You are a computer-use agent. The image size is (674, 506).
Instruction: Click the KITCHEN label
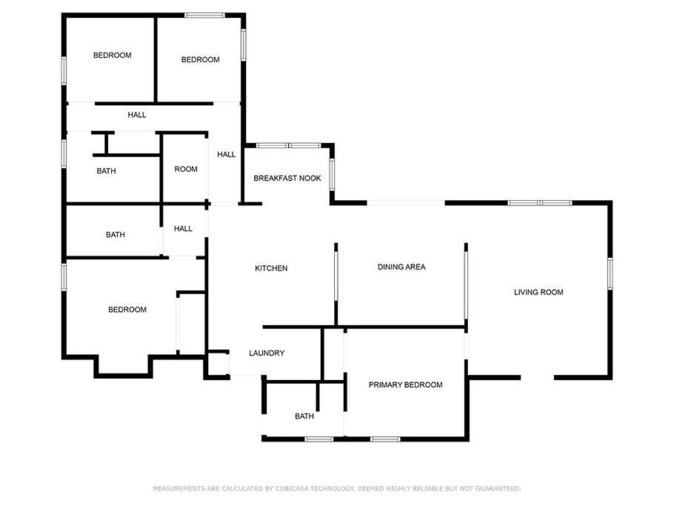click(x=271, y=268)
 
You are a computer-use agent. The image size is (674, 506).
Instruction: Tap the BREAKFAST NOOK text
click(x=287, y=179)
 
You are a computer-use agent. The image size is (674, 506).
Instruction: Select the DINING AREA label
click(x=401, y=267)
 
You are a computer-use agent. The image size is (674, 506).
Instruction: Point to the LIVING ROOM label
click(x=538, y=293)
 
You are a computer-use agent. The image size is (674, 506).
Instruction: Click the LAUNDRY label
click(x=267, y=353)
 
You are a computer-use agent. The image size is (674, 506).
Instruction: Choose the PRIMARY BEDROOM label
click(x=405, y=385)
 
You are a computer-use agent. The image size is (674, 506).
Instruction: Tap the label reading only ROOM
click(x=186, y=170)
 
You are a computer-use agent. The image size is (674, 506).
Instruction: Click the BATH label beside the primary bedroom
click(x=304, y=416)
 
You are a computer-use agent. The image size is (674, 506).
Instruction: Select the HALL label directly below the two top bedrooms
click(x=137, y=115)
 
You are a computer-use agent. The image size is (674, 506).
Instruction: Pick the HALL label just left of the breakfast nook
click(x=226, y=154)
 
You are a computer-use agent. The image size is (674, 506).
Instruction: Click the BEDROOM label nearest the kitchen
click(x=127, y=310)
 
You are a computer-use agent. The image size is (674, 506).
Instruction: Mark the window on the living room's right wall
click(x=610, y=273)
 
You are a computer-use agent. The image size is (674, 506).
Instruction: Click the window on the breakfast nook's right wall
click(x=332, y=174)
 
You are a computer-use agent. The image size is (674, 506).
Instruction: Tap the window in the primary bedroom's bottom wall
click(x=385, y=439)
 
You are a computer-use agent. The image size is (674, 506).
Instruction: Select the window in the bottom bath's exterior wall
click(x=319, y=439)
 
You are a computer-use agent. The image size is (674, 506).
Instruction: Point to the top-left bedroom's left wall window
click(x=64, y=71)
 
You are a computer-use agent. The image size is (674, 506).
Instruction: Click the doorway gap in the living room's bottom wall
click(x=537, y=378)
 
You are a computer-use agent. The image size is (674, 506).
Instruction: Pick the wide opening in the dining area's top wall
click(x=406, y=203)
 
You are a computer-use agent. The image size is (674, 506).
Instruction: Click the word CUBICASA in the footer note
click(x=291, y=488)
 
